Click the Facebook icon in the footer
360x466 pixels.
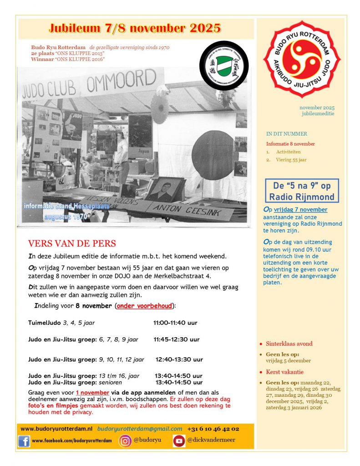click(24, 441)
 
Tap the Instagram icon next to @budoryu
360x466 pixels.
click(125, 441)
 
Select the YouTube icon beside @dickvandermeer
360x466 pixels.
click(179, 441)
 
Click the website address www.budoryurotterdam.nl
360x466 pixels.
click(56, 429)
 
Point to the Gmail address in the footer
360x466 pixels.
click(139, 429)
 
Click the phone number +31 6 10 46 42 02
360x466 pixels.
click(213, 429)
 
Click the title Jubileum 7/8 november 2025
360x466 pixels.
click(135, 28)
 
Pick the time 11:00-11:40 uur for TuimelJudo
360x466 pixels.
click(175, 323)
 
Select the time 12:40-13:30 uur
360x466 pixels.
click(179, 359)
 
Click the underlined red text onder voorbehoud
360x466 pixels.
click(144, 306)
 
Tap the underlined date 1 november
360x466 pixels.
click(90, 392)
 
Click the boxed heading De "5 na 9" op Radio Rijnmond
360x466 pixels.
click(302, 191)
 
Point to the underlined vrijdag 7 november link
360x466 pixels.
click(300, 210)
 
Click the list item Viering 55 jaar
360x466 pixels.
click(291, 160)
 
